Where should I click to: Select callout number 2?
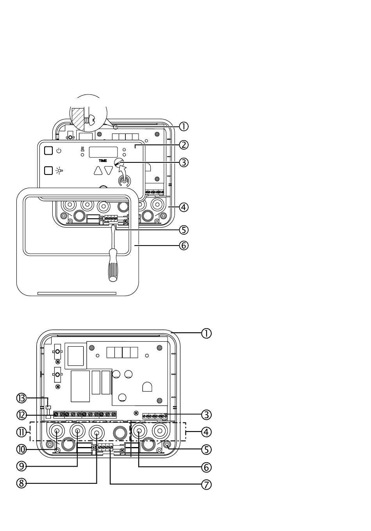point(184,145)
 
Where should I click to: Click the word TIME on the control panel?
point(103,161)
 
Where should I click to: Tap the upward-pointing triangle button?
point(98,171)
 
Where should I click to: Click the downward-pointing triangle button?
point(109,171)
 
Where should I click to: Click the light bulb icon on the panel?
point(59,171)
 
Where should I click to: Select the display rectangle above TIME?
point(103,152)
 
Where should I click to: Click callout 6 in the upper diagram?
point(184,246)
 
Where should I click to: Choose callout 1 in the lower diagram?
point(206,333)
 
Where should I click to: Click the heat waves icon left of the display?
point(82,149)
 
